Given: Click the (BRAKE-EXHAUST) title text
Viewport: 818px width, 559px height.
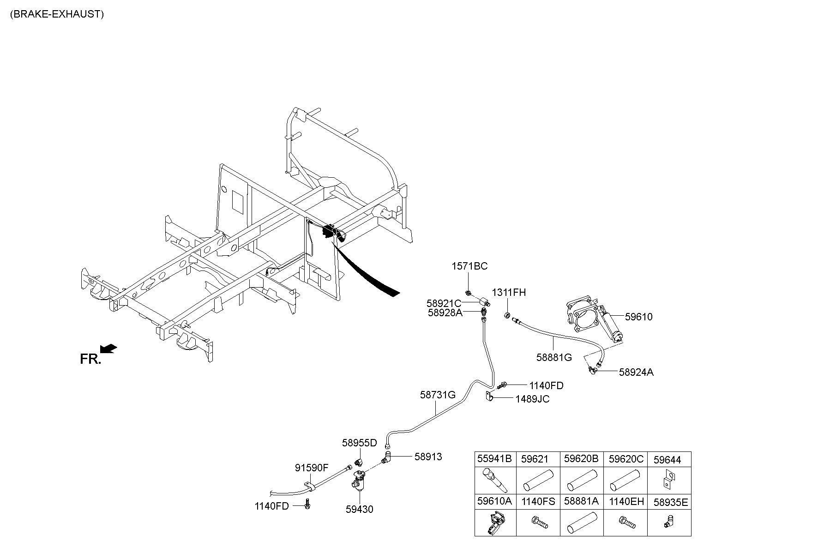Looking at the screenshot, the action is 57,14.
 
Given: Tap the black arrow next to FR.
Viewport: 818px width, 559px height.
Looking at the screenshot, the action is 108,349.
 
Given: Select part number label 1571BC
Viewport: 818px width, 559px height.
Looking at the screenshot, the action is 469,266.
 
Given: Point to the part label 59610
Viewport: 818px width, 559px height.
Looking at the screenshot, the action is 639,317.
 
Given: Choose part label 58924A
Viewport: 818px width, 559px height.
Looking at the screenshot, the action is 636,372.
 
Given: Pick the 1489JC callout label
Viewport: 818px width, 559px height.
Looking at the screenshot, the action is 533,399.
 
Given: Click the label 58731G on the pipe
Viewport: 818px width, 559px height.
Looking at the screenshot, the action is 438,395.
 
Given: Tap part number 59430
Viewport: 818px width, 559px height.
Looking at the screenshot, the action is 360,510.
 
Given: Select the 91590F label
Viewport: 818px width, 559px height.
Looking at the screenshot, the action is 312,468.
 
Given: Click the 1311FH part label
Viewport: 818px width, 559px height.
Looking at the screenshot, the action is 509,293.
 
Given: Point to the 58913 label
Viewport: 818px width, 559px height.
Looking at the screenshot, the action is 428,457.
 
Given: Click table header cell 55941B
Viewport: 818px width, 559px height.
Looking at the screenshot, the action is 494,459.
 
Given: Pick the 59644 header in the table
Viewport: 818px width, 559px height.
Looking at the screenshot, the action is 667,460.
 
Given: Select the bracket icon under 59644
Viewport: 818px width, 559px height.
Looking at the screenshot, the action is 668,479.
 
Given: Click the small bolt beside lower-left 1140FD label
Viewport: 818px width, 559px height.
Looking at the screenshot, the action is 307,505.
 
